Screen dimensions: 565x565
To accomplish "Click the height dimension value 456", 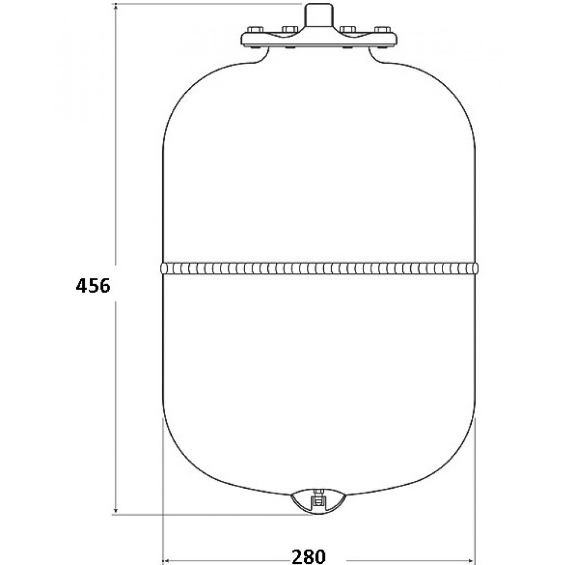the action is pyautogui.click(x=93, y=286).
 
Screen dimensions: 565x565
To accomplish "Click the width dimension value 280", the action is pyautogui.click(x=308, y=557).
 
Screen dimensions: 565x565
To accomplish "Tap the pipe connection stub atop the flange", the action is pyautogui.click(x=319, y=15).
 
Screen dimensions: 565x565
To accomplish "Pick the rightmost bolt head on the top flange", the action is pyautogui.click(x=383, y=29).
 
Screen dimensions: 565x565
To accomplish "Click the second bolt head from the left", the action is pyautogui.click(x=290, y=29).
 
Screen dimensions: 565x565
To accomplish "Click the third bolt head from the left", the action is pyautogui.click(x=347, y=29).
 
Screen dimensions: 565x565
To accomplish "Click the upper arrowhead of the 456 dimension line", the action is pyautogui.click(x=116, y=8).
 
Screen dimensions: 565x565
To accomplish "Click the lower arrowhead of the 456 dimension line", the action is pyautogui.click(x=116, y=510).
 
